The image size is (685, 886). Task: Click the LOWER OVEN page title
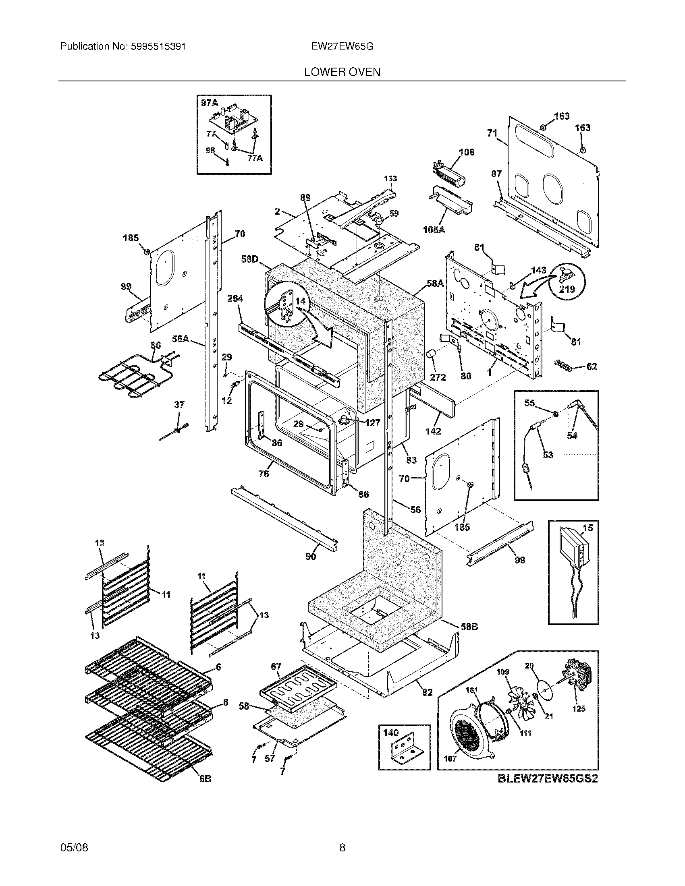pyautogui.click(x=342, y=72)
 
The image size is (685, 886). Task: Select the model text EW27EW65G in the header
pyautogui.click(x=342, y=47)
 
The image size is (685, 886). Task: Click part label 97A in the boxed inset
pyautogui.click(x=210, y=103)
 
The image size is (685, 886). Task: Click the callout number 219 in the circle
pyautogui.click(x=567, y=289)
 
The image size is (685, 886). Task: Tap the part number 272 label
pyautogui.click(x=438, y=377)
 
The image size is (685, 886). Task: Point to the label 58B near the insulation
pyautogui.click(x=469, y=627)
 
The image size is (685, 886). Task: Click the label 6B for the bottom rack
pyautogui.click(x=205, y=779)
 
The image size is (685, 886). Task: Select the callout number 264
pyautogui.click(x=235, y=298)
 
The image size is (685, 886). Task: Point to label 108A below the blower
pyautogui.click(x=434, y=230)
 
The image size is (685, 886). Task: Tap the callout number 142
pyautogui.click(x=433, y=431)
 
